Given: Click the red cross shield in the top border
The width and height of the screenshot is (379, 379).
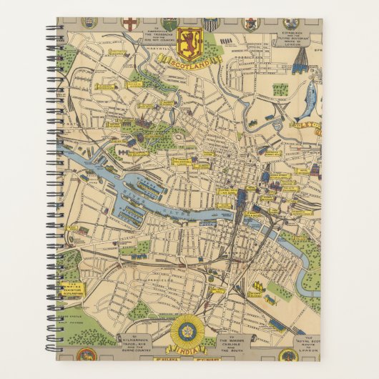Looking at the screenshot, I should [129, 24].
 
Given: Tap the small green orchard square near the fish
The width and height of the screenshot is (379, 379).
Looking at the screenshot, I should [280, 90].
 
